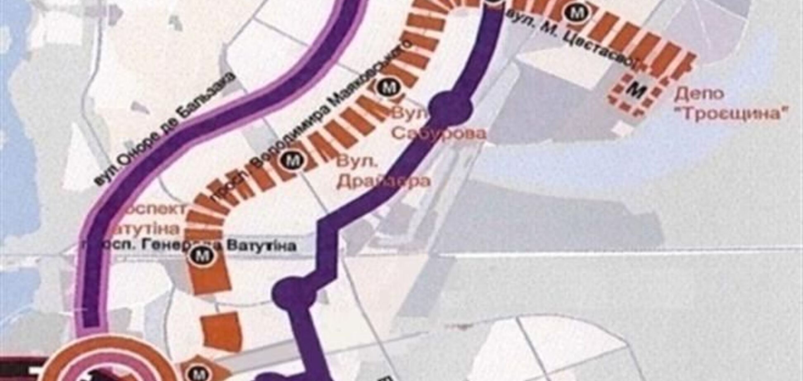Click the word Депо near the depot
[699, 94]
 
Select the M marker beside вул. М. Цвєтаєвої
[575, 12]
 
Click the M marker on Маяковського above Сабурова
[387, 87]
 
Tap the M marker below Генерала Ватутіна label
[202, 256]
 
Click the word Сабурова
[439, 133]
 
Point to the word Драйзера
[383, 181]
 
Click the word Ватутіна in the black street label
[261, 246]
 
